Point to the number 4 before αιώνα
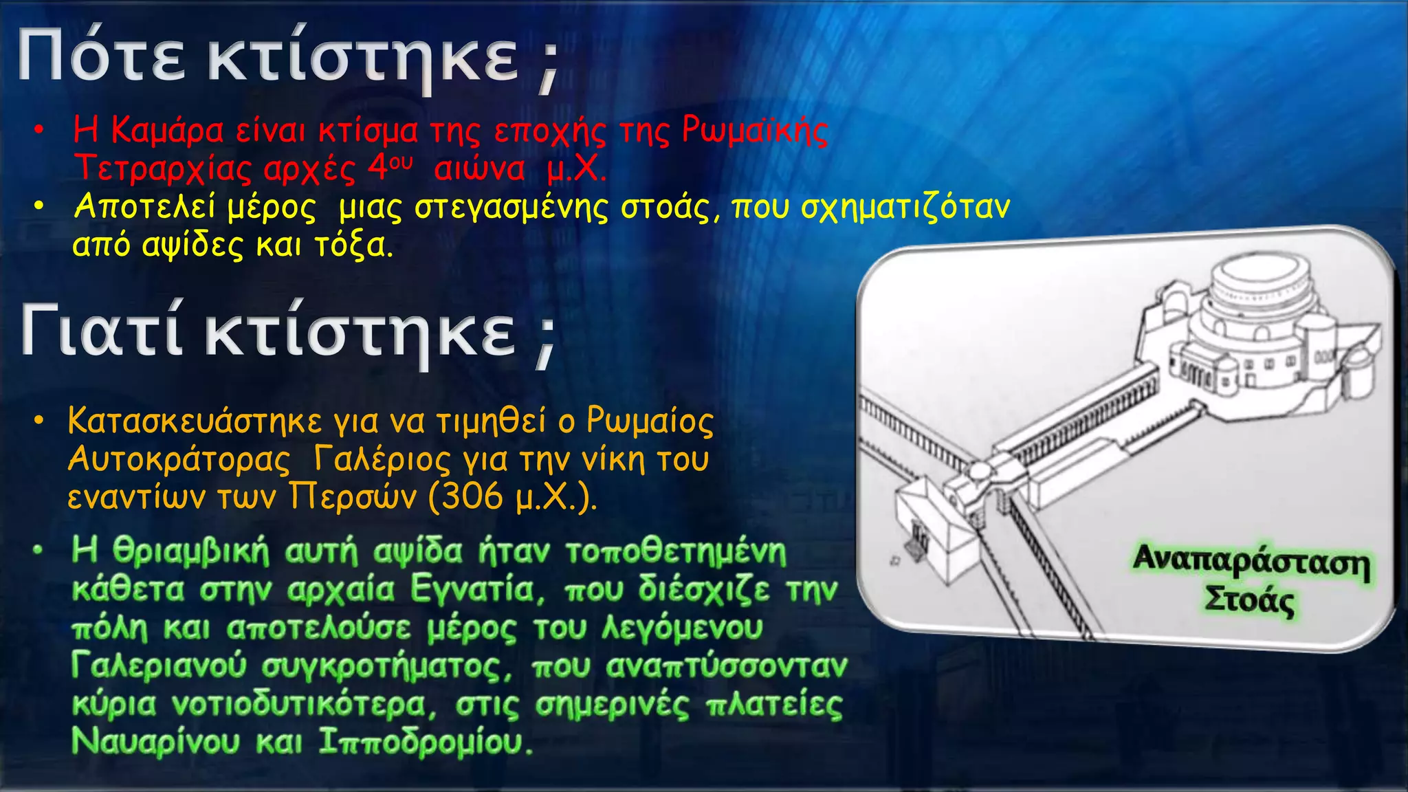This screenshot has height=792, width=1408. pos(377,168)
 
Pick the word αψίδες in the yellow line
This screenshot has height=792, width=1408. pos(192,245)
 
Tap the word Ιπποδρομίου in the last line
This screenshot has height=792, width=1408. pos(426,741)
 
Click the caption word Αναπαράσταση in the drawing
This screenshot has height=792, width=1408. pos(1251,564)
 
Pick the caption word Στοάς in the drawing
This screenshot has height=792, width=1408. pos(1249,600)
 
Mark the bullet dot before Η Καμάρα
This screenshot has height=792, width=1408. pos(41,130)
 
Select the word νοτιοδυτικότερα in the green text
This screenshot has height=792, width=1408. pos(303,704)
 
